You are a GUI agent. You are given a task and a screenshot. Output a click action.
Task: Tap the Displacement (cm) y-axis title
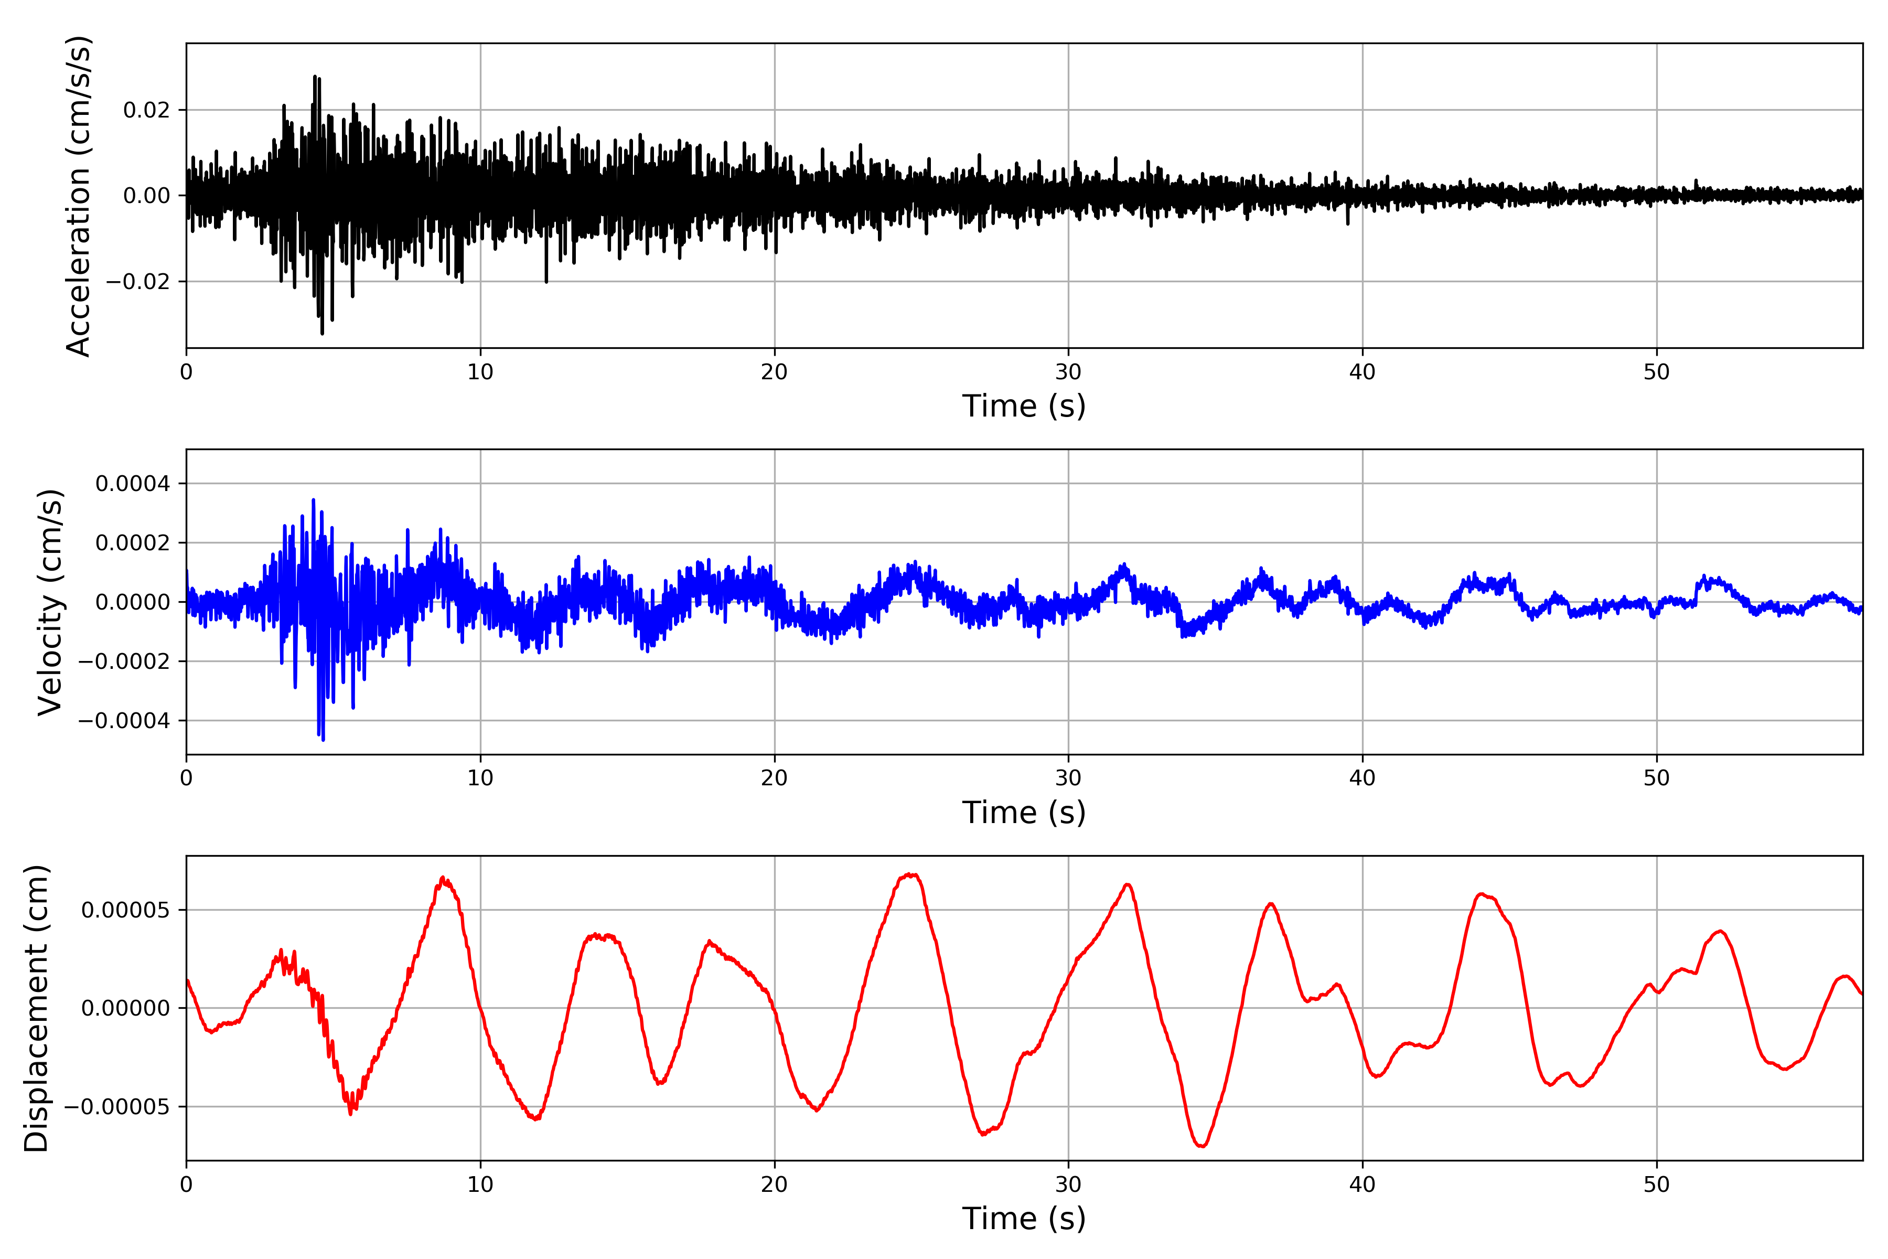[36, 1008]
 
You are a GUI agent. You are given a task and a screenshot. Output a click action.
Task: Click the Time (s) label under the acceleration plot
[1024, 406]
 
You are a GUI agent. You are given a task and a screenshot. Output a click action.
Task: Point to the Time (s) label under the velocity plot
[1024, 813]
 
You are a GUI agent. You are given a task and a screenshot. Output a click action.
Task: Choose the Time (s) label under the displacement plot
[1024, 1219]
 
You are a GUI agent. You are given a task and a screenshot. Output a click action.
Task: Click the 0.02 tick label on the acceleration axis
[146, 110]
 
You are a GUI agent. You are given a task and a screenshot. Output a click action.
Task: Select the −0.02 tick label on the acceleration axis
[137, 282]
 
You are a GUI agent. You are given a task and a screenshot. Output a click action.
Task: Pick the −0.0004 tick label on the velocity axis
[124, 721]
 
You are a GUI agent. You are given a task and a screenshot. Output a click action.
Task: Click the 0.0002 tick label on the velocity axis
[133, 543]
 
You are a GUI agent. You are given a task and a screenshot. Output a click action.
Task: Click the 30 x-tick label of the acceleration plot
[1068, 372]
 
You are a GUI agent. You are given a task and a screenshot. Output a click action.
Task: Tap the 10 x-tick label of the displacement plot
[480, 1185]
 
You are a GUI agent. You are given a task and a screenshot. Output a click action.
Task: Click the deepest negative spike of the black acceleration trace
[322, 333]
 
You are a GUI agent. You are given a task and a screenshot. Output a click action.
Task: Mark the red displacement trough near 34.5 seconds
[1202, 1146]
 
